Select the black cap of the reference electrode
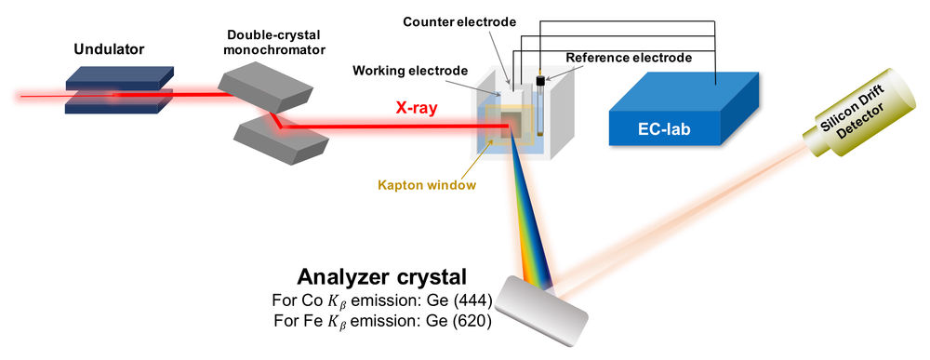coord(538,70)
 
